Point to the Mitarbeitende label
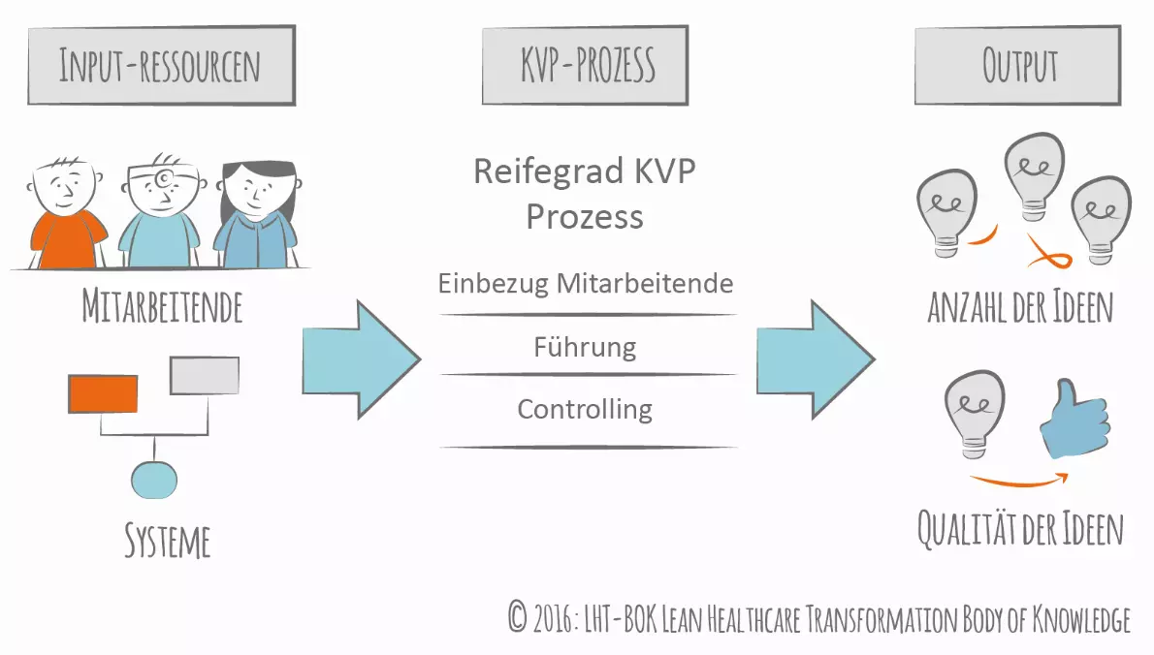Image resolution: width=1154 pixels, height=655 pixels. pyautogui.click(x=162, y=308)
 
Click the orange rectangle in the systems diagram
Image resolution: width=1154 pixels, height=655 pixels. pyautogui.click(x=103, y=393)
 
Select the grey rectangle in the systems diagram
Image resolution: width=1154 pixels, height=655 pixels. pyautogui.click(x=205, y=376)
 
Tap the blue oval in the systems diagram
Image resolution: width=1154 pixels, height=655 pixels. pyautogui.click(x=154, y=478)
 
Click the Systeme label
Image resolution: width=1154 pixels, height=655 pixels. pyautogui.click(x=167, y=541)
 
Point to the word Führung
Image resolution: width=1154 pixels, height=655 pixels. pyautogui.click(x=585, y=347)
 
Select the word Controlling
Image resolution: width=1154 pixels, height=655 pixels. pyautogui.click(x=585, y=409)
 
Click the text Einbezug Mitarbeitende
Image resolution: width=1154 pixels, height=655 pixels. pyautogui.click(x=585, y=284)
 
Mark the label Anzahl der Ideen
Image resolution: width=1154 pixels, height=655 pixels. pyautogui.click(x=1020, y=308)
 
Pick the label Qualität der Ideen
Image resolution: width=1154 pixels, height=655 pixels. pyautogui.click(x=1020, y=529)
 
